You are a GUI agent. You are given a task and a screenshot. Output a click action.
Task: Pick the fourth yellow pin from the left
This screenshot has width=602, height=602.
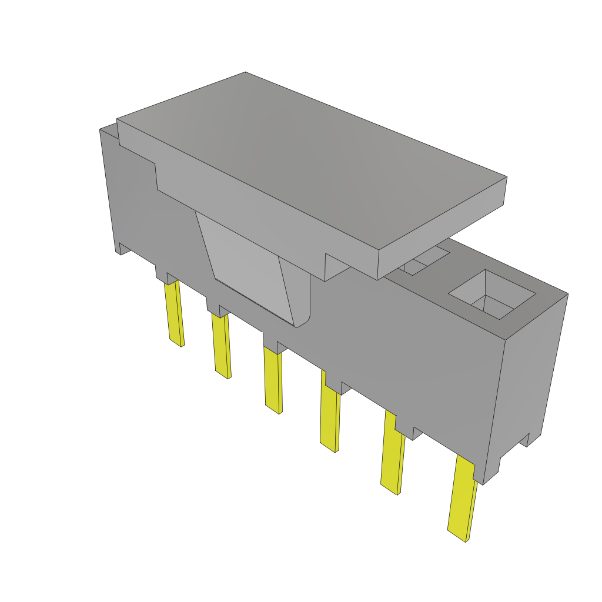[x=329, y=414]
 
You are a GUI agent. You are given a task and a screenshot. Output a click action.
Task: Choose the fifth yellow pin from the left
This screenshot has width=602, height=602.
[x=392, y=453]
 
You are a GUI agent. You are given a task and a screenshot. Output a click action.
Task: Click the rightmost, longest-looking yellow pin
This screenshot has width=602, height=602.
[x=462, y=500]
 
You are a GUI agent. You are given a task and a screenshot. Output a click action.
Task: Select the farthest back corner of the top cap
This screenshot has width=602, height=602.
[x=245, y=73]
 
